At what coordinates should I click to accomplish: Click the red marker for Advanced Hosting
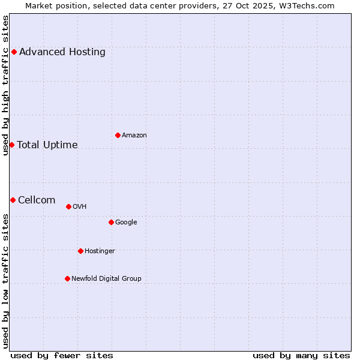(x=14, y=52)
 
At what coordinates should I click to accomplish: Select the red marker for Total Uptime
(x=11, y=145)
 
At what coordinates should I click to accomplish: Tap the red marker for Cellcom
(x=13, y=200)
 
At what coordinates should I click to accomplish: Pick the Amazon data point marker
(x=118, y=135)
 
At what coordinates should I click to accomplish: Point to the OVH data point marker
(x=68, y=206)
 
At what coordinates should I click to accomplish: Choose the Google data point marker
(x=111, y=222)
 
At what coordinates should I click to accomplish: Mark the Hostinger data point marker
(x=80, y=251)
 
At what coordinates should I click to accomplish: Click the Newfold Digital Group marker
(x=67, y=278)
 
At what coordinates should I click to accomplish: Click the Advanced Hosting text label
(x=62, y=52)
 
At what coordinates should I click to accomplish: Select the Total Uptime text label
(x=47, y=145)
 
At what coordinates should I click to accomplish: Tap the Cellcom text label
(x=37, y=200)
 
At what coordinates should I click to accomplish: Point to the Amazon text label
(x=134, y=135)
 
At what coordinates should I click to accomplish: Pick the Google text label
(x=126, y=222)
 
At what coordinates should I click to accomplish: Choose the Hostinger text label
(x=100, y=251)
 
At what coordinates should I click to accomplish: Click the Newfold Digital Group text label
(x=106, y=278)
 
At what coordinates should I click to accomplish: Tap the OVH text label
(x=80, y=206)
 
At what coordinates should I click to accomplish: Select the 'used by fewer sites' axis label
(x=62, y=355)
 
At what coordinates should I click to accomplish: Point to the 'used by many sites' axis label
(x=301, y=355)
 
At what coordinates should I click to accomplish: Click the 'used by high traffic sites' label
(x=5, y=85)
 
